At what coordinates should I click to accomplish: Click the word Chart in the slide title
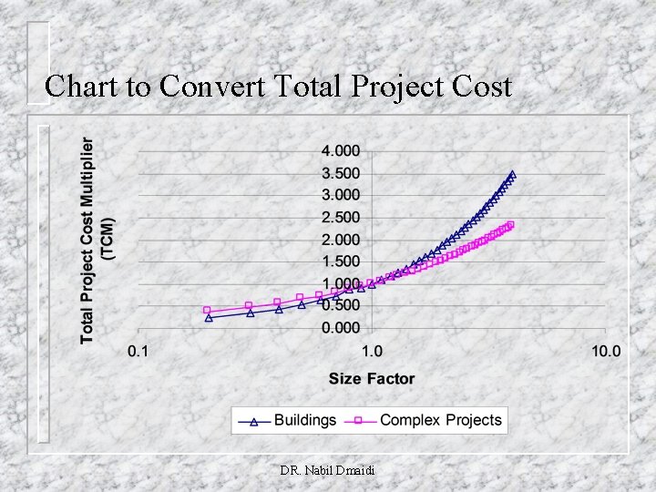click(79, 87)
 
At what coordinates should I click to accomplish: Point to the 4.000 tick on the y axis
click(339, 150)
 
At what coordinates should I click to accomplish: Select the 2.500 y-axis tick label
click(339, 218)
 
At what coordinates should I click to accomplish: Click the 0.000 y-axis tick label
click(339, 327)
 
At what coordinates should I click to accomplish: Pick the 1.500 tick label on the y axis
click(339, 261)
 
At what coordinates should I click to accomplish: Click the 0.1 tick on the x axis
click(138, 352)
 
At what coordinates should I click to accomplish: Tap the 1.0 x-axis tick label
click(371, 352)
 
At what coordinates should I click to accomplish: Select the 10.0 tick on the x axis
click(605, 352)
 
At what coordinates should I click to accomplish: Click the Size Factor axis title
click(372, 379)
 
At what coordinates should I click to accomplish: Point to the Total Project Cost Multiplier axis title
click(97, 241)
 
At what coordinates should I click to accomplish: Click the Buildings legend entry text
click(305, 420)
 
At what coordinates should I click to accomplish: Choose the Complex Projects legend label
click(441, 420)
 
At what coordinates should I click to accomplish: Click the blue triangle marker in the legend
click(255, 421)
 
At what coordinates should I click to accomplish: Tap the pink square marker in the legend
click(360, 421)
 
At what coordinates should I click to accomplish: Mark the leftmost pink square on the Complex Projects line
click(207, 310)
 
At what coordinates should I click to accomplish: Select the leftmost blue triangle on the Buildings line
click(209, 318)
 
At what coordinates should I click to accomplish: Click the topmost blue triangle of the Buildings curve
click(512, 174)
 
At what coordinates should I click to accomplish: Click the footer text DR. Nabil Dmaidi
click(327, 470)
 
